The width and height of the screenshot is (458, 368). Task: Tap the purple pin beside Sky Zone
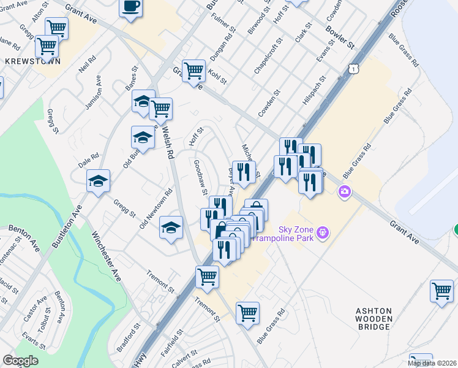[323, 232]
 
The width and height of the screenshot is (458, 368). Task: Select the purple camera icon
[344, 193]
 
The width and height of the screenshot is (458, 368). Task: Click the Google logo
[21, 361]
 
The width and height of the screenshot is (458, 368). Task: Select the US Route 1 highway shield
[354, 70]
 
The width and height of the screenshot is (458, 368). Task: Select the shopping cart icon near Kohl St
[193, 70]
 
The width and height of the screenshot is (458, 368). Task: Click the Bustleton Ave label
[67, 226]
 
